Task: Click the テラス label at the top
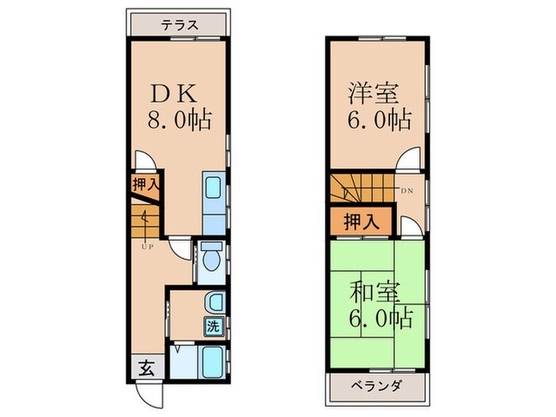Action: (x=179, y=25)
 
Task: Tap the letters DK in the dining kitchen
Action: (x=175, y=93)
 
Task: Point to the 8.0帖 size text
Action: (x=179, y=122)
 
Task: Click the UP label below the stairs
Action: (x=147, y=246)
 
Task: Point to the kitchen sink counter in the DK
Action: (x=213, y=195)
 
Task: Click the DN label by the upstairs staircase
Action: (x=407, y=191)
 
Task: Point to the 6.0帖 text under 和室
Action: (x=380, y=319)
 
